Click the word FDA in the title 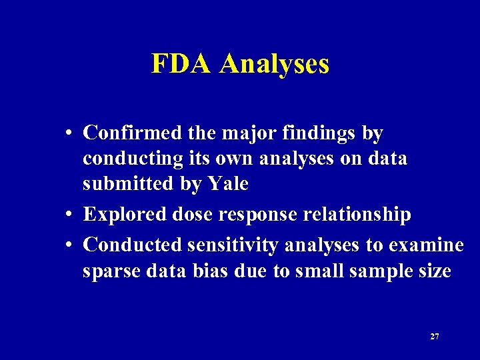pos(183,64)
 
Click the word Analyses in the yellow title pos(274,64)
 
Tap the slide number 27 pos(435,337)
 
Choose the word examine pos(424,245)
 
